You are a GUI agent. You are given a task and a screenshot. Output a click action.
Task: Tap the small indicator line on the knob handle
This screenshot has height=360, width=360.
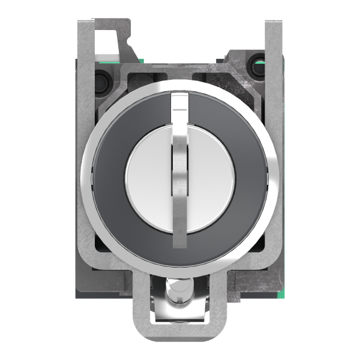180,110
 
